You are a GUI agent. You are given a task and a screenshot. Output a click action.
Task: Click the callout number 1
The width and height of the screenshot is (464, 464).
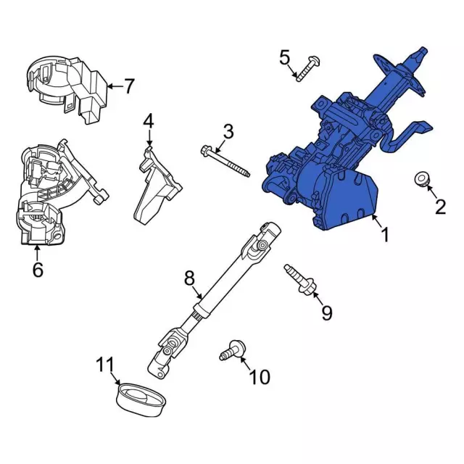point(385,235)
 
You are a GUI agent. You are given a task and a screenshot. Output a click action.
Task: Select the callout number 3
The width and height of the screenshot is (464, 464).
point(228,132)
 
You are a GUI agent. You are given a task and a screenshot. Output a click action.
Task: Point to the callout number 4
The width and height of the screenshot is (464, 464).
point(148,120)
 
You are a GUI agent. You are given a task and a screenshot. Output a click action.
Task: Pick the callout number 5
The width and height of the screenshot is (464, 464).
point(284,57)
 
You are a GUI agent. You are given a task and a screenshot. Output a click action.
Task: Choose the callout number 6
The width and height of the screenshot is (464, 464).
point(38,270)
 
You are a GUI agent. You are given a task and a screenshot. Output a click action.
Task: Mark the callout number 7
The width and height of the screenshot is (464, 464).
point(128,87)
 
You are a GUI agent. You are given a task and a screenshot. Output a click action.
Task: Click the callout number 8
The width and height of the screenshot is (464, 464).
point(189,276)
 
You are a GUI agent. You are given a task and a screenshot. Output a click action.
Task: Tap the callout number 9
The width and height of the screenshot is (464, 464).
point(326,312)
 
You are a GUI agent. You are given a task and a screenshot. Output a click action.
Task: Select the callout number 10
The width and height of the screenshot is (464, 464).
point(259,376)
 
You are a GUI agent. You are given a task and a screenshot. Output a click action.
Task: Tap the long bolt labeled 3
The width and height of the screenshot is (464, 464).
point(225,161)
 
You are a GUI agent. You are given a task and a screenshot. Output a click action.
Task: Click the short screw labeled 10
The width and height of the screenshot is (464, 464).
point(231,350)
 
